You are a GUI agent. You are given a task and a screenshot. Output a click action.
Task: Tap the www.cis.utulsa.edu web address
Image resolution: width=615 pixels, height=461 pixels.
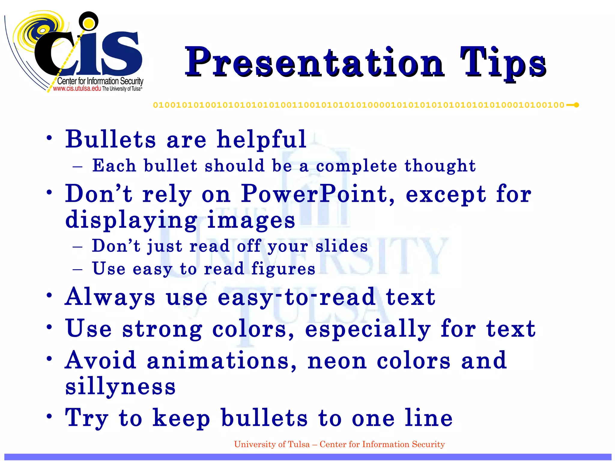pyautogui.click(x=77, y=89)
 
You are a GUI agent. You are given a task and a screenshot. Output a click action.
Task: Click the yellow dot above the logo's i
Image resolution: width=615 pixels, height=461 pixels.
pyautogui.click(x=88, y=22)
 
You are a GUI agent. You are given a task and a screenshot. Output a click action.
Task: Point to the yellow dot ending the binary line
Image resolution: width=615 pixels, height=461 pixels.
pyautogui.click(x=576, y=105)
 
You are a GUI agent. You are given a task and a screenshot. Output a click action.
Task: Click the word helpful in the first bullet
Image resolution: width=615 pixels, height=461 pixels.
pyautogui.click(x=261, y=140)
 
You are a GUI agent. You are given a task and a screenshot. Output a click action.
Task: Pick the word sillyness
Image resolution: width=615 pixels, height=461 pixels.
pyautogui.click(x=120, y=387)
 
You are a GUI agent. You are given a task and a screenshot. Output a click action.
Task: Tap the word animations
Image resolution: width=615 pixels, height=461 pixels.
pyautogui.click(x=222, y=361)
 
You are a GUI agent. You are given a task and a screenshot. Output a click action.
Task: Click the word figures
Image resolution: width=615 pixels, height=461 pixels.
pyautogui.click(x=283, y=269)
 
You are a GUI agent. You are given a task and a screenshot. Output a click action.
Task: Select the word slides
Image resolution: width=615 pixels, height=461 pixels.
pyautogui.click(x=341, y=246)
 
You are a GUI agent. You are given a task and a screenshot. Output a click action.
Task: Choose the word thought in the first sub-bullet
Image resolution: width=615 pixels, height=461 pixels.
pyautogui.click(x=440, y=166)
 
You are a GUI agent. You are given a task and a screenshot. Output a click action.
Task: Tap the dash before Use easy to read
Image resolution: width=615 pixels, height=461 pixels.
pyautogui.click(x=77, y=269)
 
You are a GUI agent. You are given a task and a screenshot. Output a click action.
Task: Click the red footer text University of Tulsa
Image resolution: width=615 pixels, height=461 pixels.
pyautogui.click(x=272, y=444)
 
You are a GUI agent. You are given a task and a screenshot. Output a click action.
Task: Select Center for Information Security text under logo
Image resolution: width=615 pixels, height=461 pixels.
pyautogui.click(x=100, y=81)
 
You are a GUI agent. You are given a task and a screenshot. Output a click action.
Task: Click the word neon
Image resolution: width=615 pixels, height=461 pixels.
pyautogui.click(x=337, y=361)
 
